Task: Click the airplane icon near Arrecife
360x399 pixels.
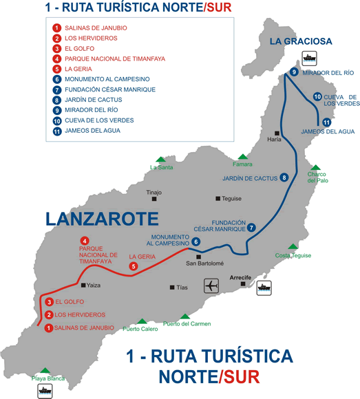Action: tap(211, 285)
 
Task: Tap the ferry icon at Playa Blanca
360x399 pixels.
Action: tap(45, 391)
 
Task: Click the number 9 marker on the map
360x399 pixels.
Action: tap(294, 72)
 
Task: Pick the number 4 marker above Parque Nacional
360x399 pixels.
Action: tap(85, 239)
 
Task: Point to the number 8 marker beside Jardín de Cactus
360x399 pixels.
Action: tap(284, 178)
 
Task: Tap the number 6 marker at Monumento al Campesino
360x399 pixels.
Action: tap(196, 241)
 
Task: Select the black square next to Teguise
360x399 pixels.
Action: tap(218, 199)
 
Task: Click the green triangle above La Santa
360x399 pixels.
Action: tap(160, 158)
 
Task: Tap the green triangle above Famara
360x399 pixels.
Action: tap(242, 157)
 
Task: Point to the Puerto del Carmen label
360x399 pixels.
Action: tap(187, 324)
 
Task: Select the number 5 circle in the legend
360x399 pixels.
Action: tap(57, 69)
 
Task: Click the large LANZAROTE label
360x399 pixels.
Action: tap(102, 219)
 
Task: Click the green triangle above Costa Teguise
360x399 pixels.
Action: tap(293, 246)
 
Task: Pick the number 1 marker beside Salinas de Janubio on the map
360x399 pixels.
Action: tap(49, 327)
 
